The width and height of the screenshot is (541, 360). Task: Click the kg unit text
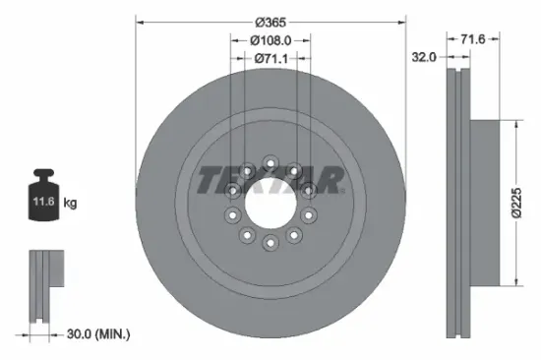click(71, 203)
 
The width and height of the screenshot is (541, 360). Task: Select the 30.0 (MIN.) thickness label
click(96, 334)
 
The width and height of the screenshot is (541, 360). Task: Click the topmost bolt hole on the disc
click(270, 158)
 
